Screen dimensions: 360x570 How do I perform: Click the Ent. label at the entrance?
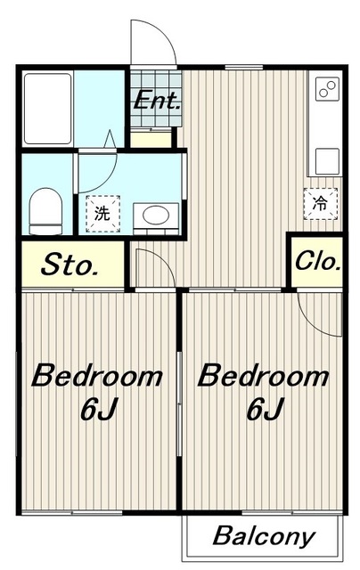pos(157,100)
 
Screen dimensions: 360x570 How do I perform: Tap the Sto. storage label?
pos(70,265)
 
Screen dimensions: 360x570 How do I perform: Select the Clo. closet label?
pos(318,260)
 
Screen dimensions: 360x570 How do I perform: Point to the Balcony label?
pos(264,536)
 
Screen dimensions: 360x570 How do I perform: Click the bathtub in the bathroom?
pos(47,109)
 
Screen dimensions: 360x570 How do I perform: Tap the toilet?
pos(45,211)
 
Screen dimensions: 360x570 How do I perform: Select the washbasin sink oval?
pos(156,215)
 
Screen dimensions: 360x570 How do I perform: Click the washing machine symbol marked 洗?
pos(102,214)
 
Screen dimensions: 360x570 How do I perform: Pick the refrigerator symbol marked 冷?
pos(321,204)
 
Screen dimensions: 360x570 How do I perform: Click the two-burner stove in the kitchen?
pos(327,89)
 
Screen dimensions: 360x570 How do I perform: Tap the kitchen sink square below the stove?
pos(327,161)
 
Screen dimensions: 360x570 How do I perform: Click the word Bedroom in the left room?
pos(97,376)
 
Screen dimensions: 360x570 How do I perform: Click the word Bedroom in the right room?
pos(263,376)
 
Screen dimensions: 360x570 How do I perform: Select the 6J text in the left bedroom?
pos(98,409)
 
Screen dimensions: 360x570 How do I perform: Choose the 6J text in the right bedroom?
pos(265,409)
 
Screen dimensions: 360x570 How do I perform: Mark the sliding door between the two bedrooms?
pos(179,403)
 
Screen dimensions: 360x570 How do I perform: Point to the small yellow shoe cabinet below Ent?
pos(151,139)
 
